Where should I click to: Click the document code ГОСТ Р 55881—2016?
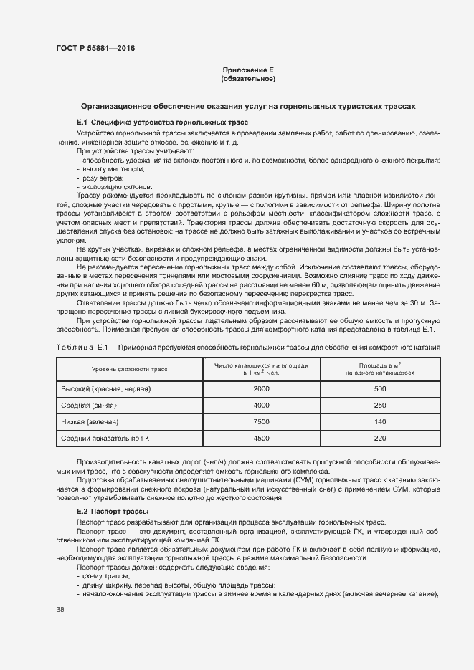[95, 49]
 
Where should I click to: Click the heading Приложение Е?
[248, 70]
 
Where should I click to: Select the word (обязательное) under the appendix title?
[248, 79]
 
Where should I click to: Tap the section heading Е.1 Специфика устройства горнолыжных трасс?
[162, 123]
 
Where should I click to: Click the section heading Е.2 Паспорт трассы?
[113, 512]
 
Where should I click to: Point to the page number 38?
[60, 609]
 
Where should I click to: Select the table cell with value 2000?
[261, 388]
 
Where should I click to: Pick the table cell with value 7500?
[261, 422]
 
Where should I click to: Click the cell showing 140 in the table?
[380, 422]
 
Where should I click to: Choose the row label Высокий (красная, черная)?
[107, 388]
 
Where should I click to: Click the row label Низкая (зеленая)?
[90, 422]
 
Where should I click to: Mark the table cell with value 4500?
[261, 438]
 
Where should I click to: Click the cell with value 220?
[380, 438]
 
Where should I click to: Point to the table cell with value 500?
[380, 388]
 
